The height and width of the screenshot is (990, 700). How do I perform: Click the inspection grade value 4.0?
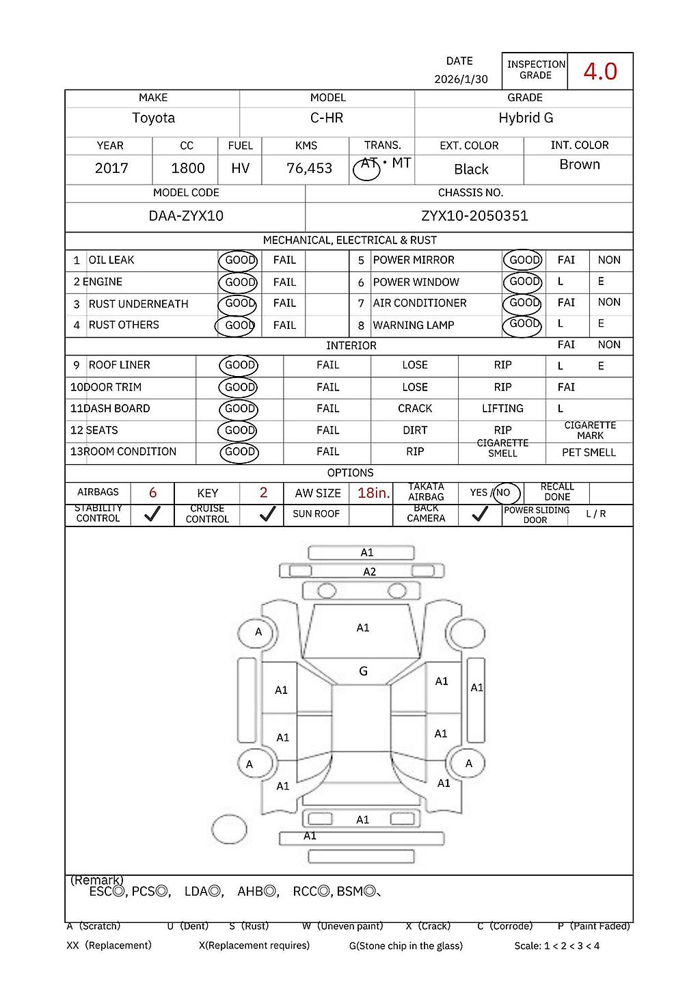600,71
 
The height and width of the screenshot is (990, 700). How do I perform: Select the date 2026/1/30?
461,79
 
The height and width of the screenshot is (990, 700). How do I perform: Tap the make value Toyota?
153,118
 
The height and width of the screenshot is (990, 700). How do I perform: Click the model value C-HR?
327,118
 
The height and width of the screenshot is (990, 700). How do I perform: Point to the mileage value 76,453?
309,168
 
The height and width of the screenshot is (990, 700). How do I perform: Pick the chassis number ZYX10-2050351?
474,216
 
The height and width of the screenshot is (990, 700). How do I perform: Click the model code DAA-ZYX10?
186,216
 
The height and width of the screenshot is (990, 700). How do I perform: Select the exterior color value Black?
471,169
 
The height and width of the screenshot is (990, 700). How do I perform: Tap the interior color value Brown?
579,165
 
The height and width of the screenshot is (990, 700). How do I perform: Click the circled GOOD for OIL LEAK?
239,260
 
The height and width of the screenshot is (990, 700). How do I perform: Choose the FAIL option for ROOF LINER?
327,365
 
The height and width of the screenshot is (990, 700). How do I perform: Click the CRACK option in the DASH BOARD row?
415,408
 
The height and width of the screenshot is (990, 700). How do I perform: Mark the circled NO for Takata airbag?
504,492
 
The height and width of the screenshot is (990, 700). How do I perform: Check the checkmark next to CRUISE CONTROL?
267,514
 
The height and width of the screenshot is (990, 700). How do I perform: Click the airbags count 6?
152,492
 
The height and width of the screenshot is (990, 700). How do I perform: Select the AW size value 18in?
373,492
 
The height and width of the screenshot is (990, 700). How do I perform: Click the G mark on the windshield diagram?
363,671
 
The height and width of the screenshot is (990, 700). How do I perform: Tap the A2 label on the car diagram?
369,572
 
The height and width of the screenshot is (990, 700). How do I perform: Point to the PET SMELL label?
589,453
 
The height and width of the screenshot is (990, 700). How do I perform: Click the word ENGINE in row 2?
103,282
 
